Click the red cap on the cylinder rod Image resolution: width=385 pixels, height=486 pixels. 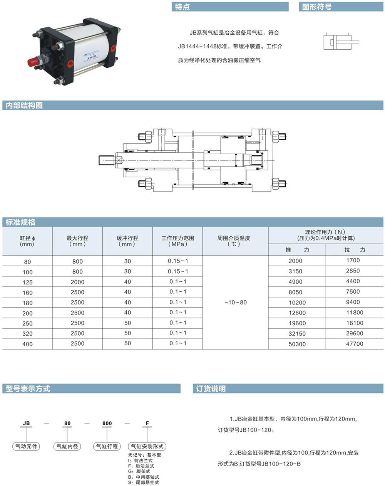coord(33,62)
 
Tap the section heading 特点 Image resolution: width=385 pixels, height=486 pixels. coord(182,7)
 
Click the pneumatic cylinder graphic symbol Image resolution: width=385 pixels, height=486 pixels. coord(341,42)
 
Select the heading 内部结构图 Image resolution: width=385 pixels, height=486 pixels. coord(24,106)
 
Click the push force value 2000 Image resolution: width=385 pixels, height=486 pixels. coord(295,261)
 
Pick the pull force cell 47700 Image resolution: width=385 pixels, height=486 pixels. coord(355,344)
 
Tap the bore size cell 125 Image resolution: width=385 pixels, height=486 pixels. coord(27,282)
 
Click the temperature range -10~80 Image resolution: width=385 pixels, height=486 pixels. coord(235,302)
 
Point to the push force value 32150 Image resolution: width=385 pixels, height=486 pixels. coord(297,333)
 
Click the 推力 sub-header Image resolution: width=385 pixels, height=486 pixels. coord(297,250)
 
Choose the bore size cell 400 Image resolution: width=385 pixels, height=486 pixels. coord(27,344)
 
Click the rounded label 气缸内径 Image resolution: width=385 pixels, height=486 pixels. coord(67,446)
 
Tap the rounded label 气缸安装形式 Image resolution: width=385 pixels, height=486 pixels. coord(147,446)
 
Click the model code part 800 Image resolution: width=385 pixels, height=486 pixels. coord(107,423)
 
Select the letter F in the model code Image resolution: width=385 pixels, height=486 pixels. coord(147,423)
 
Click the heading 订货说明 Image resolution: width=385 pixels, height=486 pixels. coord(211,388)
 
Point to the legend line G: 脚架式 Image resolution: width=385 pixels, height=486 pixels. coord(139,471)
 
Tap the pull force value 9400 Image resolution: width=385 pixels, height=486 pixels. coord(353,302)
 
